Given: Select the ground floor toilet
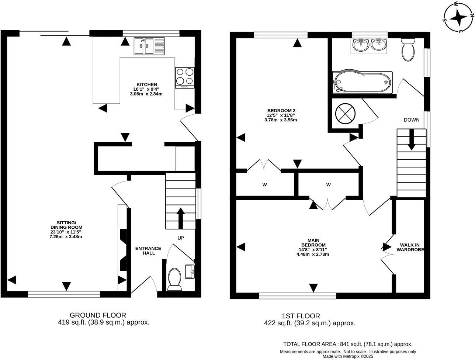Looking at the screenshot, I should (x=174, y=279).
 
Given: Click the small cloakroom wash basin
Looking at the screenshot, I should (x=190, y=272).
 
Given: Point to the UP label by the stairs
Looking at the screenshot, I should (x=181, y=238).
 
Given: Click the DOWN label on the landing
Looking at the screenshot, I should (x=412, y=120).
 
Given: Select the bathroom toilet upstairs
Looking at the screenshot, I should (x=408, y=49).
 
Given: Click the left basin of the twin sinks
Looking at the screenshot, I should (x=361, y=45).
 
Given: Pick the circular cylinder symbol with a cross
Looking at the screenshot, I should (x=345, y=114).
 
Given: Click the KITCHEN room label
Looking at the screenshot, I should (x=147, y=84).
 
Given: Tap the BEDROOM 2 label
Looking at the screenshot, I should (x=281, y=110).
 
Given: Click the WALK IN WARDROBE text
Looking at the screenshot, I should (x=410, y=247).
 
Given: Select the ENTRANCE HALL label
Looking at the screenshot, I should (x=148, y=250).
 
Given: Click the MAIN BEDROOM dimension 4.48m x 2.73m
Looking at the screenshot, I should (x=313, y=254).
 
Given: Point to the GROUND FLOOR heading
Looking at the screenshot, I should (x=98, y=315).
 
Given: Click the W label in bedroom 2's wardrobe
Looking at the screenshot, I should (x=264, y=185).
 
